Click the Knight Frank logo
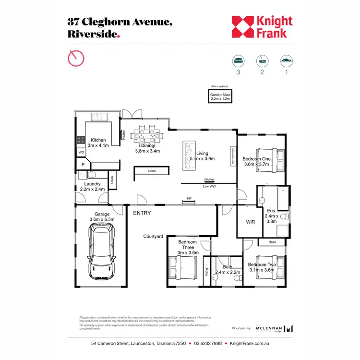262,27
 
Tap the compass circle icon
76,58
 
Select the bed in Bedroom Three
183,269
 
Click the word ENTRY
142,213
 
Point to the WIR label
251,222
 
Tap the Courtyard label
154,236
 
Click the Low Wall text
209,186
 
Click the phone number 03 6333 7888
207,344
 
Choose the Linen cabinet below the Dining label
151,171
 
